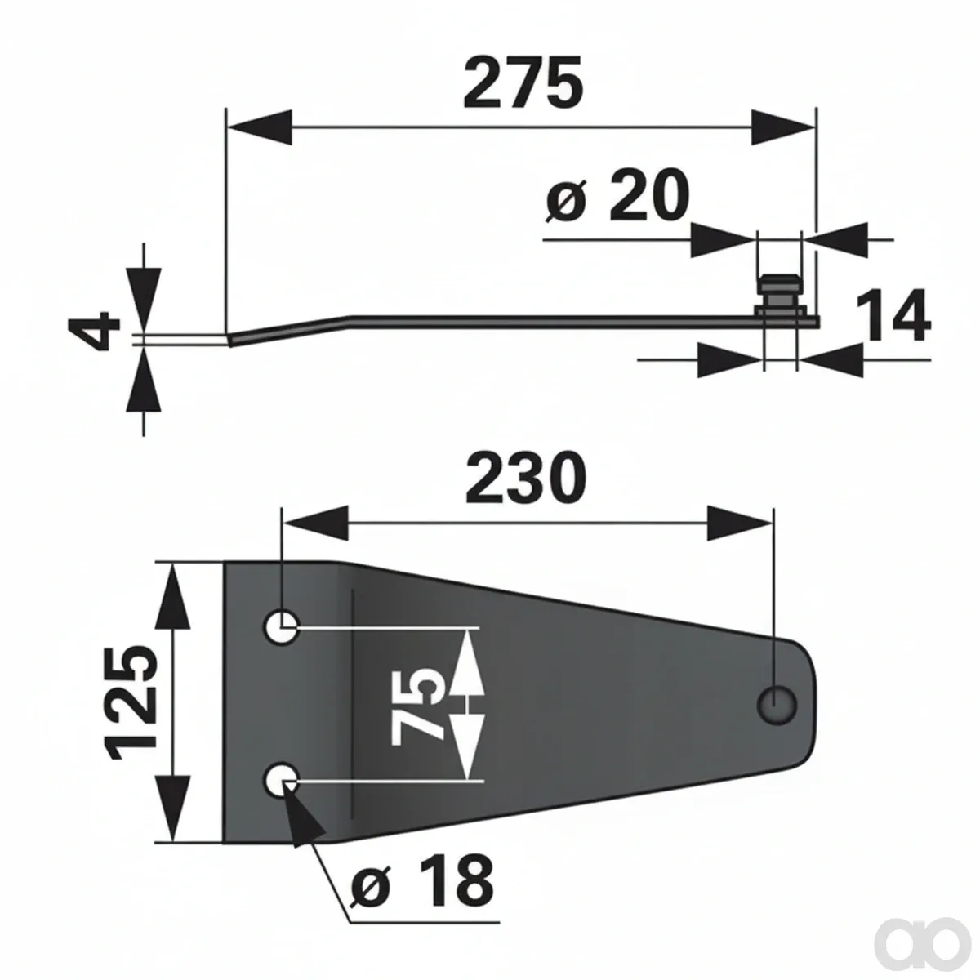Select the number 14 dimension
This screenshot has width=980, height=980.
893,316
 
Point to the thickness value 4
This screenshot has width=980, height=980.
94,332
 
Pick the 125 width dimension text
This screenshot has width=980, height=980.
130,703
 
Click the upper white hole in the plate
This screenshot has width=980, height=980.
281,626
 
